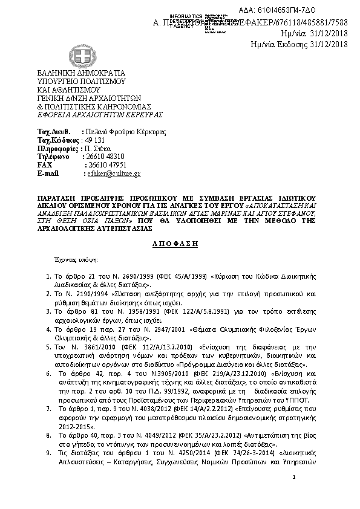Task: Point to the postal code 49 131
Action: point(96,140)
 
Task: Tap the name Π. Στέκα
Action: point(97,148)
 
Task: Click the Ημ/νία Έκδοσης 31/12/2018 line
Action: point(299,44)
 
